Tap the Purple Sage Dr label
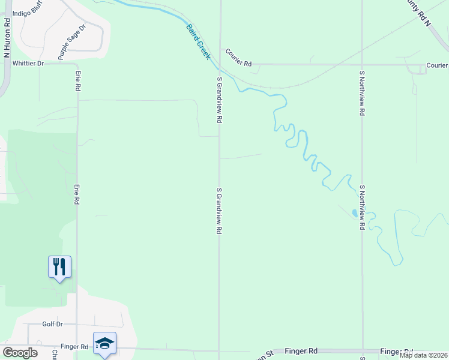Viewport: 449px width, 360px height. pos(73,41)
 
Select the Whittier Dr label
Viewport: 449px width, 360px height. pos(28,63)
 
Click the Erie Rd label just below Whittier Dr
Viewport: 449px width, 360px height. pos(78,80)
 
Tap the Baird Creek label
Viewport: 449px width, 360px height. pos(197,42)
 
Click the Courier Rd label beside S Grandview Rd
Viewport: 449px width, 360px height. pos(238,53)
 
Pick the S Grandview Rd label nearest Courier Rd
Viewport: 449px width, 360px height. pos(220,100)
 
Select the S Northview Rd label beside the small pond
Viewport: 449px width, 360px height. pos(362,208)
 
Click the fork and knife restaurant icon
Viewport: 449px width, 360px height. pos(59,266)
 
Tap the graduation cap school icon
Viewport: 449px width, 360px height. pos(104,343)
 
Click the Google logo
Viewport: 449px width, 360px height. pos(20,353)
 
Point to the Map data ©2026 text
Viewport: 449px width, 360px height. pos(423,355)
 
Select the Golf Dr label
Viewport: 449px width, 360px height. pos(52,324)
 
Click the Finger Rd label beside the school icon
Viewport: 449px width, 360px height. pos(74,347)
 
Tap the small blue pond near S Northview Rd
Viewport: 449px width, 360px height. pos(355,212)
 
